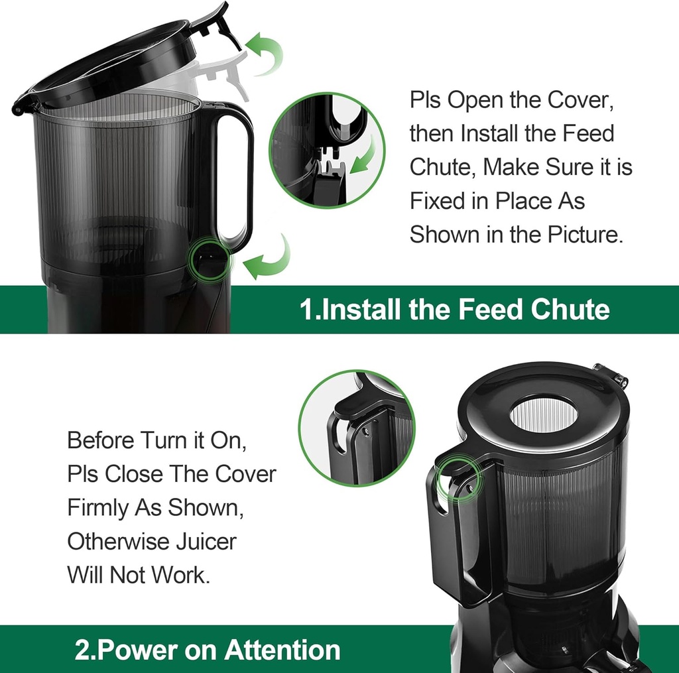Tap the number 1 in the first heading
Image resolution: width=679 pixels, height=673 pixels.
coord(306,310)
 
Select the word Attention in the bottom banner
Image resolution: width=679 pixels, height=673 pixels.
coord(282,649)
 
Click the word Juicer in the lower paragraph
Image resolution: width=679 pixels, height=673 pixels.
coord(205,541)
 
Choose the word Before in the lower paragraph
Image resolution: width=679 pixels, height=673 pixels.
coord(101,440)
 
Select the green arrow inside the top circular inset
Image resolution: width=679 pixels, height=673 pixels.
coord(364,156)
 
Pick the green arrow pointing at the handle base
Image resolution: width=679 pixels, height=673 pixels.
coord(269,259)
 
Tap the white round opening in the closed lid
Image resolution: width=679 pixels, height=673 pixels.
coord(543,414)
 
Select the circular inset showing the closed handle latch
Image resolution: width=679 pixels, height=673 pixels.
coord(356,427)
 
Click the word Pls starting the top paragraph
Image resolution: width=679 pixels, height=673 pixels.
coord(425,100)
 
